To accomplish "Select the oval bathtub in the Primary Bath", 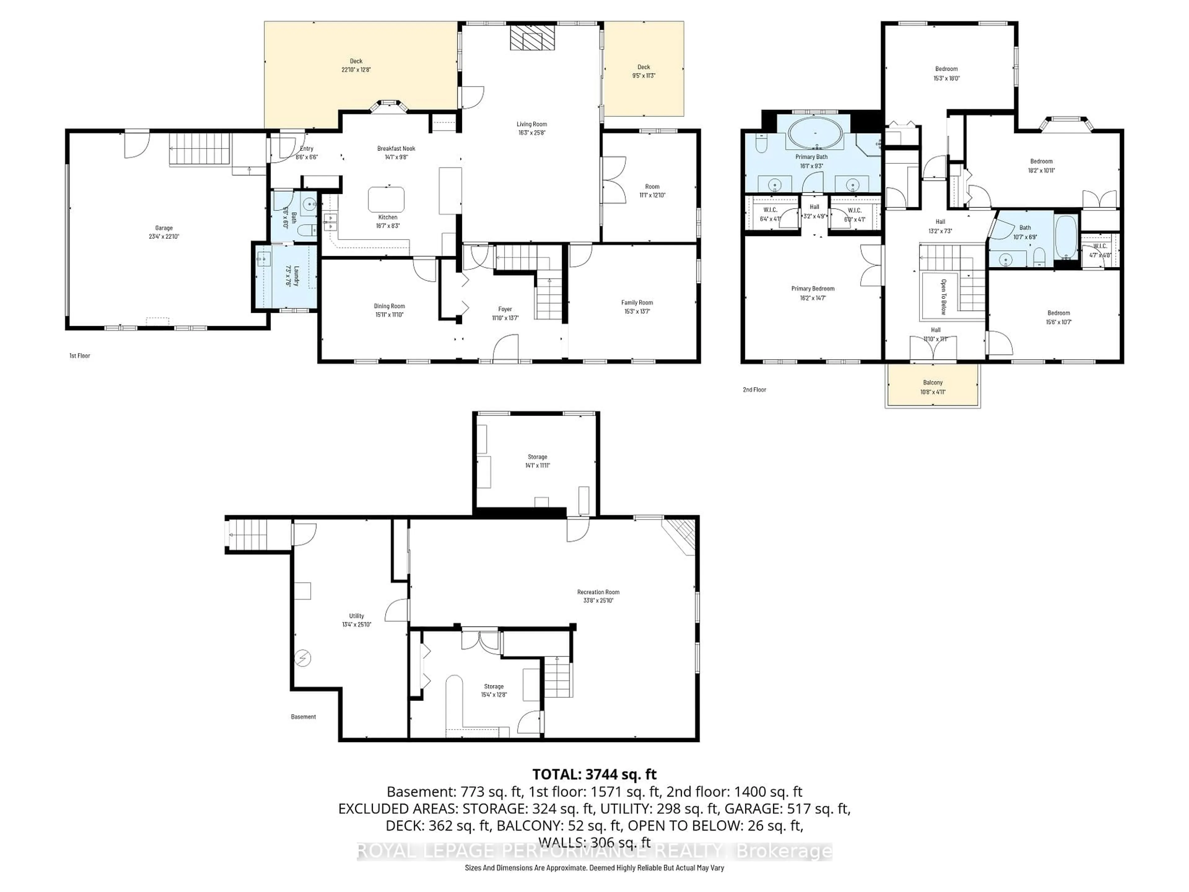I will coord(815,133).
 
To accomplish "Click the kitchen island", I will coord(386,199).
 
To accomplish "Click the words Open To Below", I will coord(943,296).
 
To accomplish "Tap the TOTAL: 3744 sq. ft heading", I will coord(594,774).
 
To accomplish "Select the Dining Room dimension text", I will coord(389,315).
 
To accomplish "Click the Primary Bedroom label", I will coord(813,289).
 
